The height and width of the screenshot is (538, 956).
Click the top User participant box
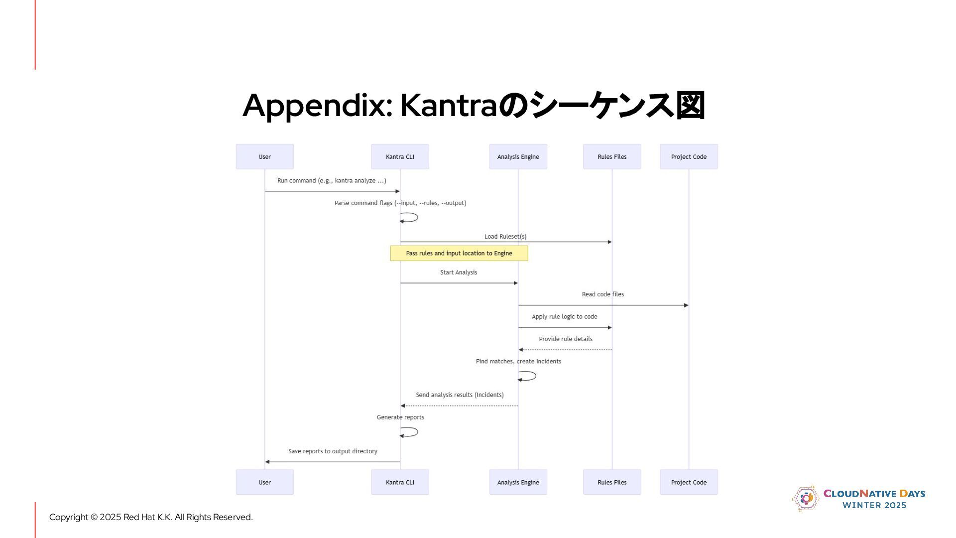tap(264, 156)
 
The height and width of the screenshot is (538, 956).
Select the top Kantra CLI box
tap(400, 156)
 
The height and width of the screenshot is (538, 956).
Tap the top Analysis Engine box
tap(518, 156)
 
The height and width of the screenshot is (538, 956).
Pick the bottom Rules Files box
tap(612, 482)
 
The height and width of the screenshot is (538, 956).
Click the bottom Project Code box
tap(689, 482)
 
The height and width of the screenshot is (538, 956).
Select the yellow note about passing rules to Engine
tap(459, 253)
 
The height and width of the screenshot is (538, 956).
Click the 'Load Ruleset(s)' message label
tap(505, 236)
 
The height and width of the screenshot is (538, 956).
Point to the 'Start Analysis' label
tap(459, 272)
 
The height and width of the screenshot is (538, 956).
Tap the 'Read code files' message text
tap(602, 294)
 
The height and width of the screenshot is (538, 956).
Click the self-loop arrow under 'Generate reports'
tap(410, 432)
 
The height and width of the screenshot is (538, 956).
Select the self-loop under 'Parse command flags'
tap(410, 217)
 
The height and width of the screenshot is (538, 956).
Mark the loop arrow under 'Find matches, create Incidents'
tap(528, 376)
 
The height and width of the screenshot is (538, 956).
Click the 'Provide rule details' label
tap(566, 339)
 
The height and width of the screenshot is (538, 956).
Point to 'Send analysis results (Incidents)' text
tap(460, 395)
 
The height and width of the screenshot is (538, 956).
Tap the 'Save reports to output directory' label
tap(333, 451)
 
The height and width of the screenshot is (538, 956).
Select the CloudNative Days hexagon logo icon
tap(805, 498)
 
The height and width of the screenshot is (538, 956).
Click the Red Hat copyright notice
tap(151, 517)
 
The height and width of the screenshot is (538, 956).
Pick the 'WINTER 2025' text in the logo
tap(874, 505)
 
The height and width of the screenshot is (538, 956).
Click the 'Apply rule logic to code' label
tap(564, 316)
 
